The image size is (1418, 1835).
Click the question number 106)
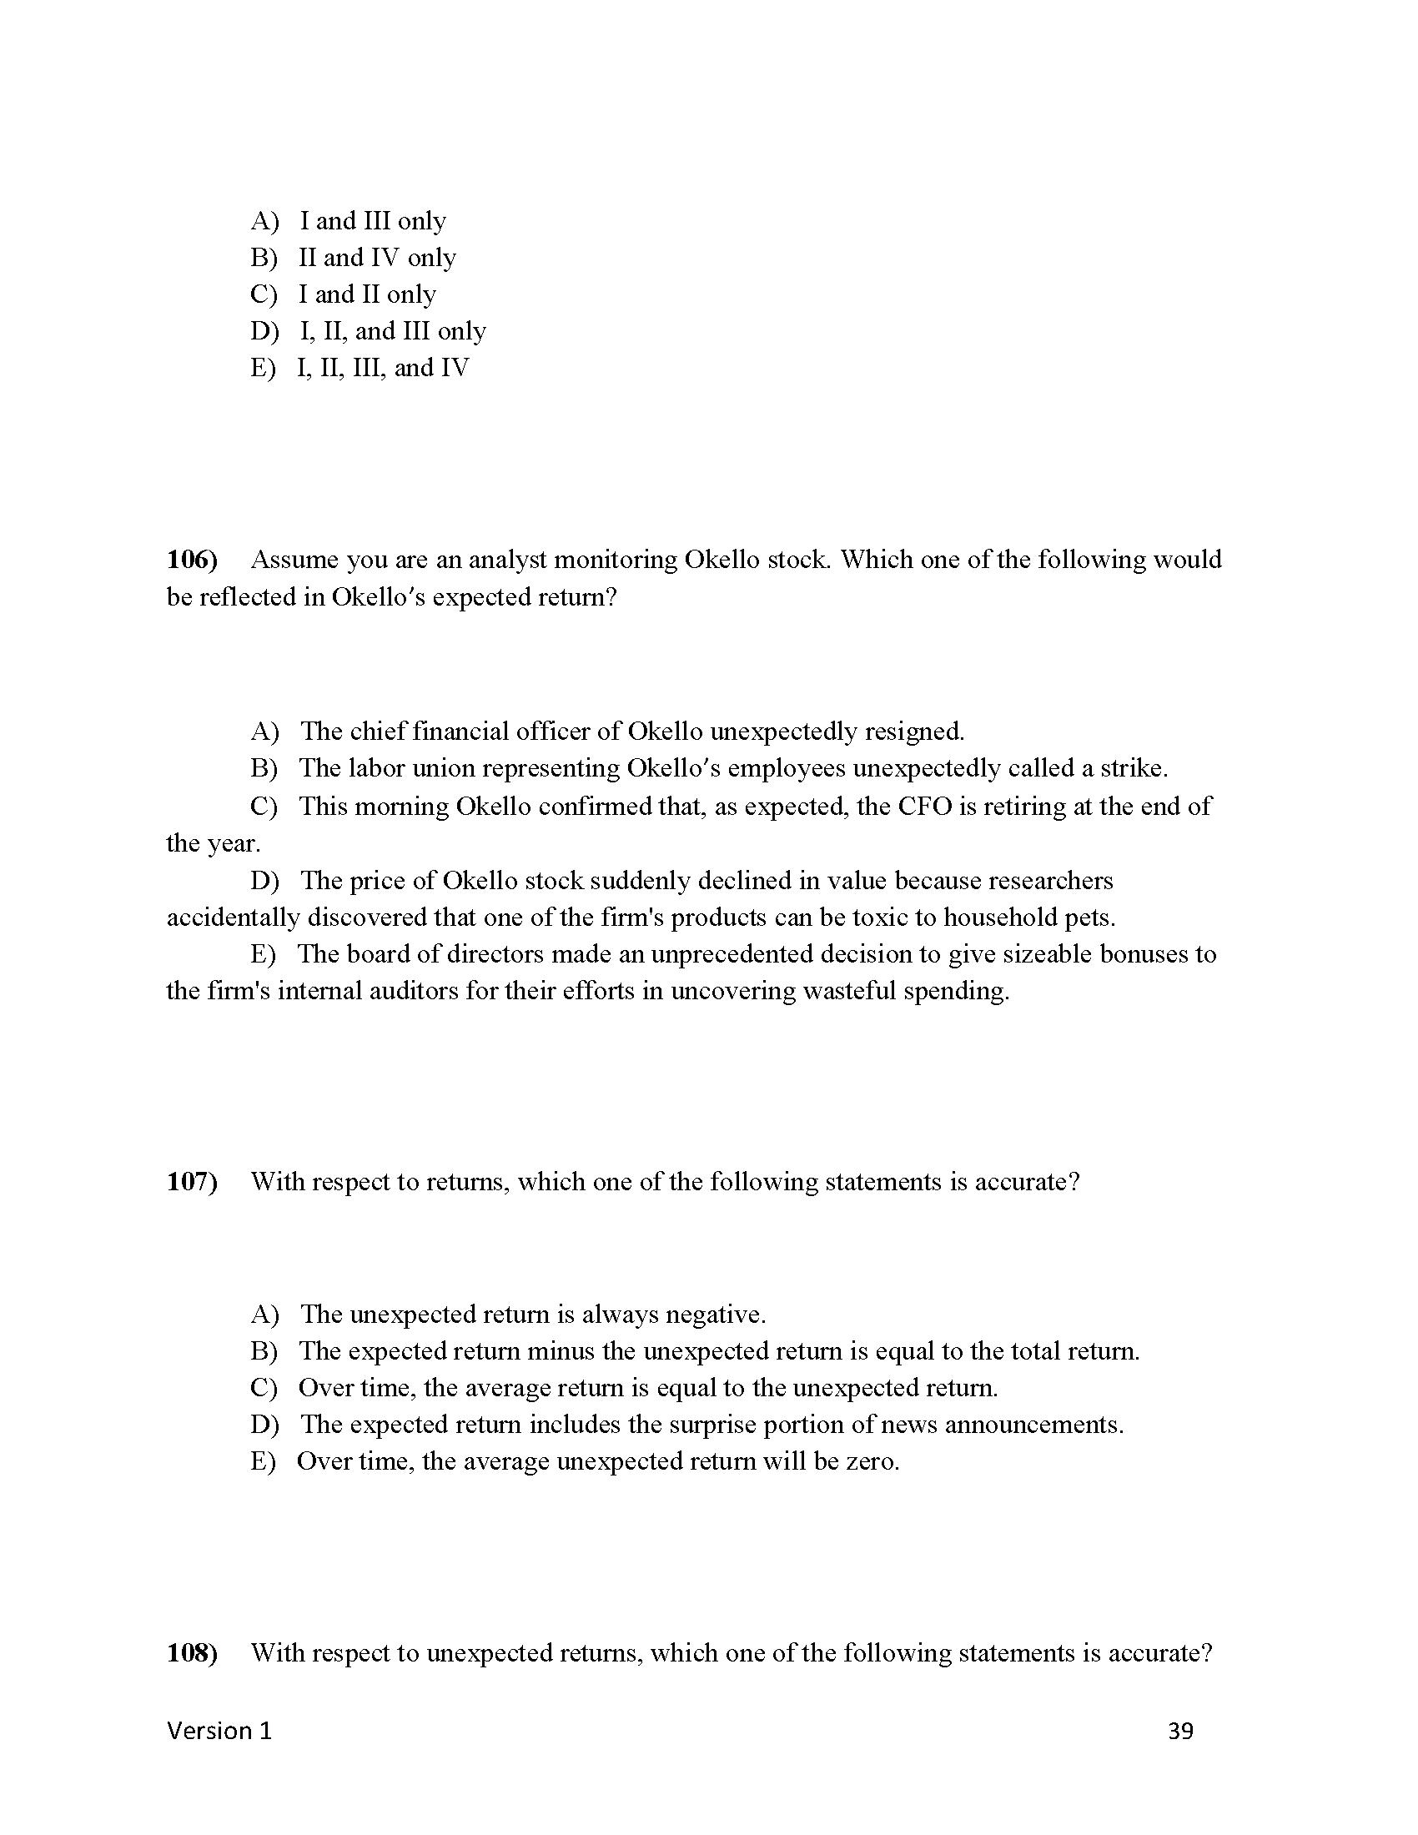click(x=192, y=560)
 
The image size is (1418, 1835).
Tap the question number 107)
click(x=192, y=1182)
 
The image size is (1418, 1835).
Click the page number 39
click(x=1180, y=1731)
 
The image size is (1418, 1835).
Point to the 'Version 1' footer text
click(x=219, y=1731)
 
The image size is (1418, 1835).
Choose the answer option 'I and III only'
click(x=373, y=221)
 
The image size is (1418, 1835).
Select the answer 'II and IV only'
click(x=377, y=258)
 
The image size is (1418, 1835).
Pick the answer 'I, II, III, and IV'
click(x=383, y=368)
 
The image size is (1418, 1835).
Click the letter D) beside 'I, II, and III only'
click(x=264, y=331)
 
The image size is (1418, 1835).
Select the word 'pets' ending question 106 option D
click(x=1089, y=917)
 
